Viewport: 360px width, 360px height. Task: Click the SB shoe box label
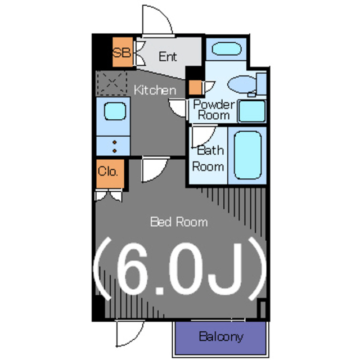pyautogui.click(x=121, y=52)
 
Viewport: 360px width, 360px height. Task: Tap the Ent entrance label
pyautogui.click(x=168, y=56)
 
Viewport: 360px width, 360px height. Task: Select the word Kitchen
pyautogui.click(x=155, y=90)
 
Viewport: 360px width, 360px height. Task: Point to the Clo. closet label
pyautogui.click(x=107, y=171)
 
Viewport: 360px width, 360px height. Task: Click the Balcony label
pyautogui.click(x=221, y=337)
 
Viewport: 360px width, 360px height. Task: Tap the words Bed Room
pyautogui.click(x=179, y=222)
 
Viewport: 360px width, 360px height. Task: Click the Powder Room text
pyautogui.click(x=214, y=110)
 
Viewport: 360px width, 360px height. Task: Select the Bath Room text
pyautogui.click(x=208, y=159)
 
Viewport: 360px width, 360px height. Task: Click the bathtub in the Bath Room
pyautogui.click(x=247, y=155)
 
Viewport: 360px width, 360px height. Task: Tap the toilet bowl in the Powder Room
pyautogui.click(x=242, y=84)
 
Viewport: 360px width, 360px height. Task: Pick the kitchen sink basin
pyautogui.click(x=115, y=111)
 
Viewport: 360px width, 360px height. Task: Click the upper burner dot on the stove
pyautogui.click(x=115, y=142)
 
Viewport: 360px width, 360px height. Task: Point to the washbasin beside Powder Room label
pyautogui.click(x=252, y=111)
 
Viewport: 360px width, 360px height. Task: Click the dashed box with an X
pyautogui.click(x=112, y=83)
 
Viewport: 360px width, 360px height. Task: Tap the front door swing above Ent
pyautogui.click(x=157, y=21)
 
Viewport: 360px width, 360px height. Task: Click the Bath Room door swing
pyautogui.click(x=204, y=136)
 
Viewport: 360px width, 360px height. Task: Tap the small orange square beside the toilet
pyautogui.click(x=195, y=88)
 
